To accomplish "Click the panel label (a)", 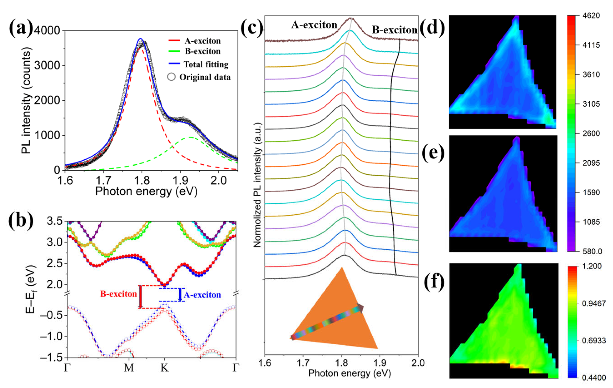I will tap(21, 28).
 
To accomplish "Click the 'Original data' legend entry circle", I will tap(171, 77).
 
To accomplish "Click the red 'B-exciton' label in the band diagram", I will tap(118, 294).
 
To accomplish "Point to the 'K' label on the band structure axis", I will tap(164, 368).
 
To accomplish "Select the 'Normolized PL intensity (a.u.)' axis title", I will tap(258, 185).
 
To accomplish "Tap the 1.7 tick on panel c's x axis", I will tap(303, 362).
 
